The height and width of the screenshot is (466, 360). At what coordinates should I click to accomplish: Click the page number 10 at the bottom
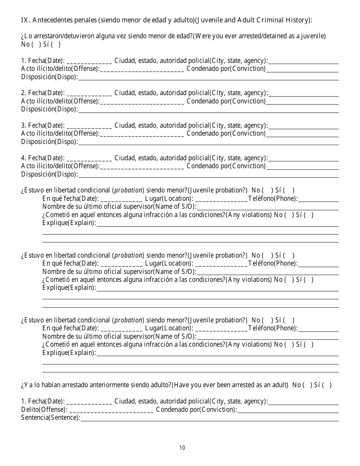click(x=182, y=448)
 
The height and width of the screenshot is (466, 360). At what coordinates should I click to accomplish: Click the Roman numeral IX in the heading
click(x=24, y=20)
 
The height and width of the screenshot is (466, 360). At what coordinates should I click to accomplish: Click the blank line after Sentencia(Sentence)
click(x=210, y=419)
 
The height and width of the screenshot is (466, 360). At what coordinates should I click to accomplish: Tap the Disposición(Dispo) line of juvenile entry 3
click(x=208, y=142)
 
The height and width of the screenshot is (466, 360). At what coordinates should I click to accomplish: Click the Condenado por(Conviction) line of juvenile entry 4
click(x=302, y=167)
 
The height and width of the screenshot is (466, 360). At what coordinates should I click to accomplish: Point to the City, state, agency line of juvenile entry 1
click(x=303, y=61)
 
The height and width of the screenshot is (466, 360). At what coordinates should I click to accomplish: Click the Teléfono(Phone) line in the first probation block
click(x=318, y=200)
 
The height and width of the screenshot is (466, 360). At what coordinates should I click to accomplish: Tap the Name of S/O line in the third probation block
click(x=268, y=337)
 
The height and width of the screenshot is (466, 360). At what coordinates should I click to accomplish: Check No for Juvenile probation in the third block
click(x=268, y=320)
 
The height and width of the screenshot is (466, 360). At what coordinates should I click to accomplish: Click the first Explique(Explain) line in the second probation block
click(x=218, y=289)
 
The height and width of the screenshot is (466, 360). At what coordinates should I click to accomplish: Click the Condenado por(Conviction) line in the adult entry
click(x=288, y=410)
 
